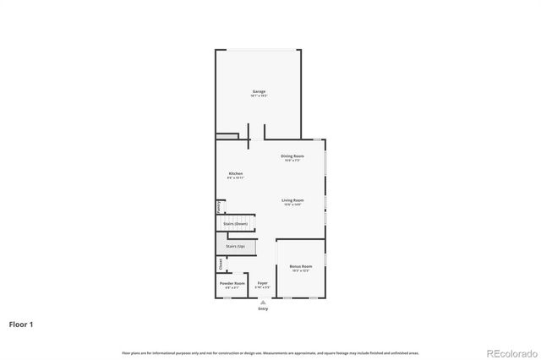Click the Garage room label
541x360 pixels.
259,91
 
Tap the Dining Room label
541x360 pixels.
293,155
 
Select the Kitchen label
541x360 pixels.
235,174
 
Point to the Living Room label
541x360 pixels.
293,199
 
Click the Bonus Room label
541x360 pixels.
301,266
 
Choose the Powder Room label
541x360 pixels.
232,283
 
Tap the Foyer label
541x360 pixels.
263,283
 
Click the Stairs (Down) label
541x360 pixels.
236,223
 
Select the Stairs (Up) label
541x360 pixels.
235,246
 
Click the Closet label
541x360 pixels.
221,265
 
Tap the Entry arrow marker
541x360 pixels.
263,302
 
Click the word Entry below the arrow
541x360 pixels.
263,308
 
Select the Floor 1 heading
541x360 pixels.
22,324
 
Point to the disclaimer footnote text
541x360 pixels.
270,352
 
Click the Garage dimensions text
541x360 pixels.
259,96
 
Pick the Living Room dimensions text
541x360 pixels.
293,205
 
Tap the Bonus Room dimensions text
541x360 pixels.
301,271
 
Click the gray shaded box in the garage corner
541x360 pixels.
227,135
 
